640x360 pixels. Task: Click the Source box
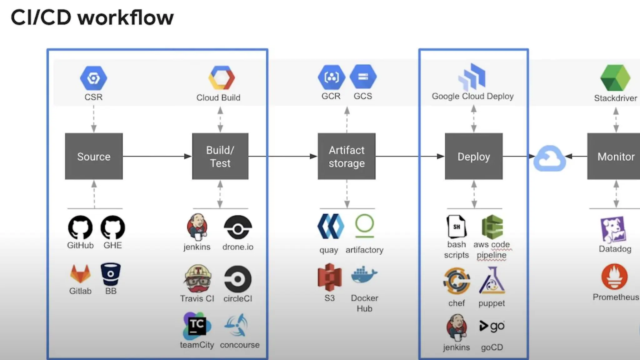(x=94, y=156)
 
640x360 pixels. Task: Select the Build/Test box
(x=220, y=156)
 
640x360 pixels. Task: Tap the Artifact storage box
(x=346, y=156)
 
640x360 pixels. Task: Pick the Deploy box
(x=473, y=156)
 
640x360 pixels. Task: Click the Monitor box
(x=614, y=156)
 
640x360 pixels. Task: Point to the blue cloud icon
(x=549, y=158)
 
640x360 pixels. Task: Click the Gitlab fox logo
(x=80, y=274)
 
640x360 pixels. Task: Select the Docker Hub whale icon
(x=364, y=275)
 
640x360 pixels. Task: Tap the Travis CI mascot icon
(x=197, y=279)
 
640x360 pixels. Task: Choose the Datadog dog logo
(x=613, y=230)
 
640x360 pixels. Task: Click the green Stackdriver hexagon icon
(x=615, y=78)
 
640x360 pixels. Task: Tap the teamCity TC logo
(x=197, y=326)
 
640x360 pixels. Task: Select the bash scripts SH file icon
(x=456, y=227)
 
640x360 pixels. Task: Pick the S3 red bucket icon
(x=329, y=277)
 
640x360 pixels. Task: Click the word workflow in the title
(x=125, y=17)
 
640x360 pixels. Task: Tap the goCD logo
(x=492, y=326)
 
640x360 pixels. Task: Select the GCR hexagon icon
(x=331, y=77)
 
